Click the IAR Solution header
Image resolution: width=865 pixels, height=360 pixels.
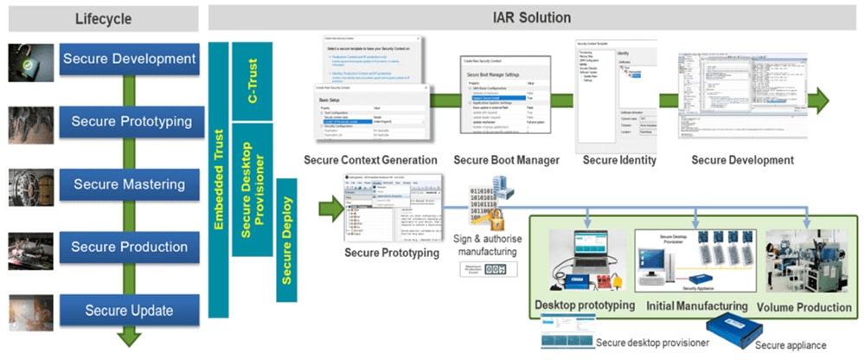pos(531,17)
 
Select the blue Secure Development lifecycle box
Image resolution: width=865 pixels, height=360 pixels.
pos(128,59)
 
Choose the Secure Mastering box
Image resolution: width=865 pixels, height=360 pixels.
pos(129,184)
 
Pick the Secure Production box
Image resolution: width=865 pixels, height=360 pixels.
pos(129,247)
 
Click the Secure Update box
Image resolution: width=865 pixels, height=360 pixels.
pos(129,310)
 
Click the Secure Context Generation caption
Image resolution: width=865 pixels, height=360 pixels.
pos(369,160)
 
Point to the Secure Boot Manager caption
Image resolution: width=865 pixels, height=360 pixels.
pos(507,160)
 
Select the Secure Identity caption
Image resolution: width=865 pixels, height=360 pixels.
pos(619,160)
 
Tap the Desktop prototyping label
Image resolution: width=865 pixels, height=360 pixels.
pos(584,305)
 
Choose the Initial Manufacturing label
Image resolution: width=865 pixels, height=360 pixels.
pos(697,305)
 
